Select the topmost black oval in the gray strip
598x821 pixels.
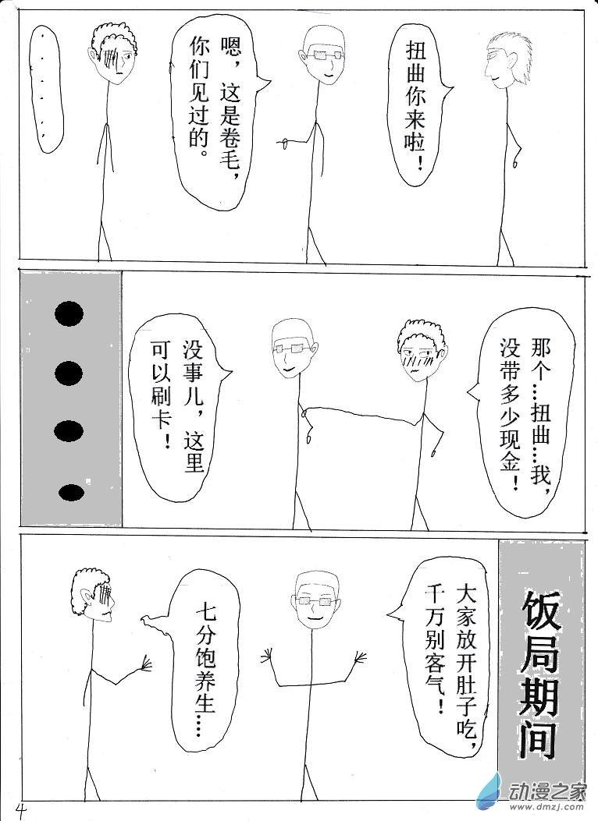click(69, 313)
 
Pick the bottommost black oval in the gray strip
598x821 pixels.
click(72, 493)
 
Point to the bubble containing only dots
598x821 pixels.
click(46, 89)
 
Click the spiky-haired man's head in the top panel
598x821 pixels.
click(506, 60)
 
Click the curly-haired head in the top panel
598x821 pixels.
click(115, 52)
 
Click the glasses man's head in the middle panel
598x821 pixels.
click(294, 348)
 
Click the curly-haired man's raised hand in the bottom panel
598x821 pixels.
click(144, 664)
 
